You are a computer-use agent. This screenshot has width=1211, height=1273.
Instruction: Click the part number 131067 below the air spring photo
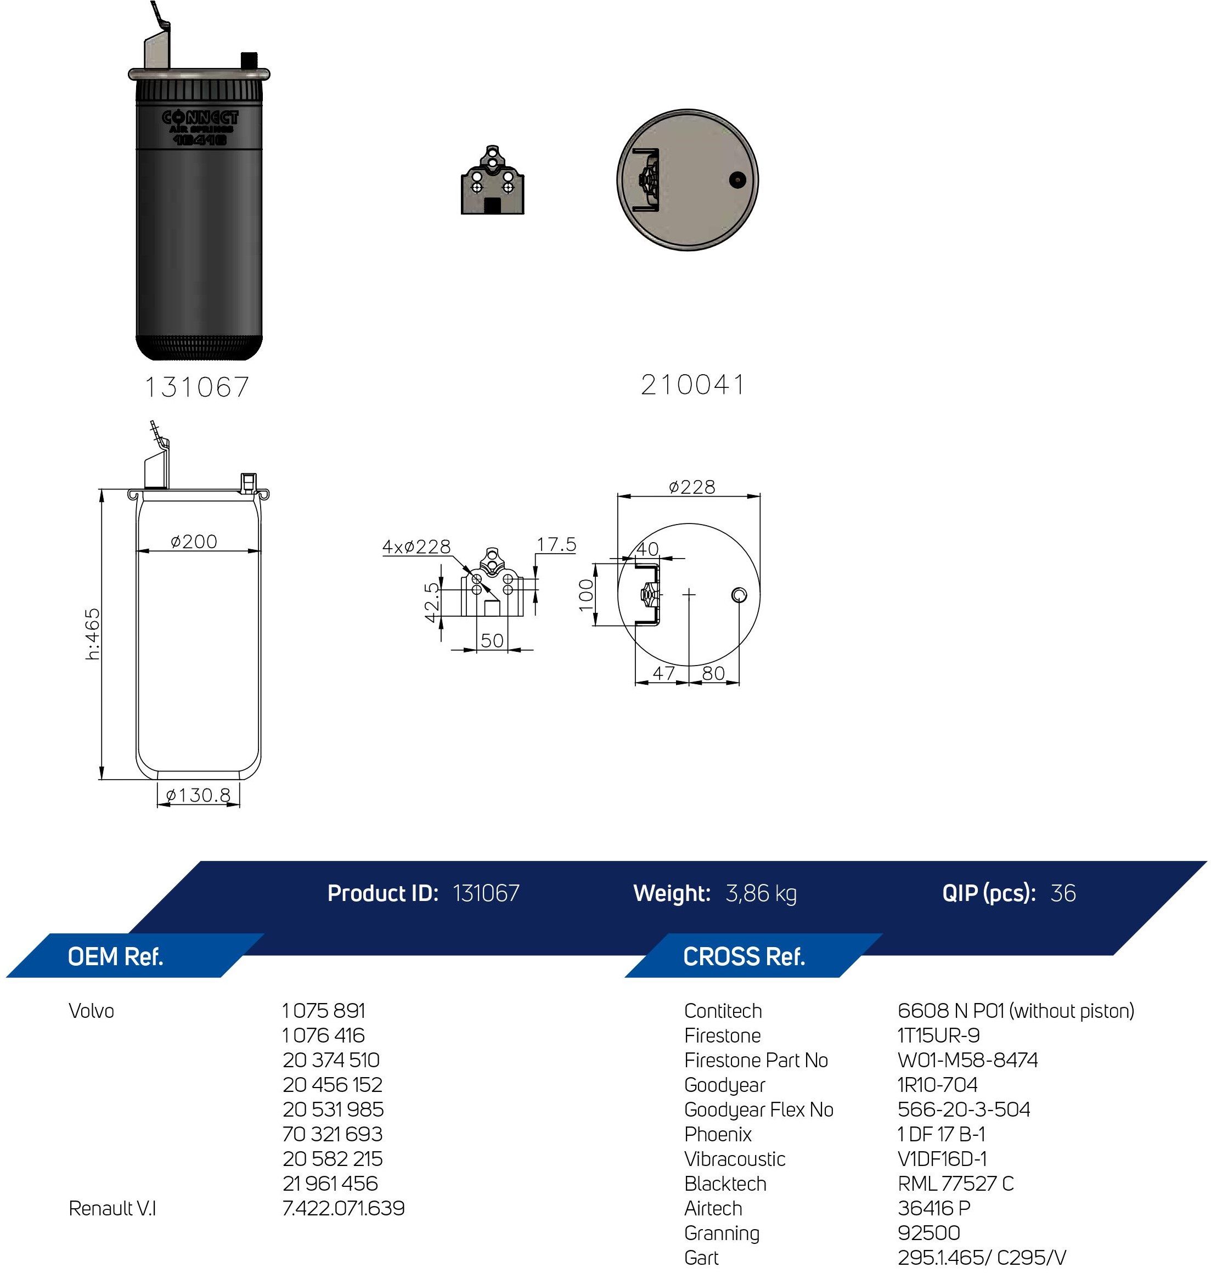[x=197, y=387]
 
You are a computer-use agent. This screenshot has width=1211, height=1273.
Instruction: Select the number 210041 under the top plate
[x=692, y=385]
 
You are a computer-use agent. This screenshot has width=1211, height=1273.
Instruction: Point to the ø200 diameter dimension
[x=194, y=541]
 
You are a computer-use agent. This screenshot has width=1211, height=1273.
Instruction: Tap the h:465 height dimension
[x=93, y=633]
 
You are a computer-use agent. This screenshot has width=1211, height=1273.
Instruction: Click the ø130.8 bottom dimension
[x=198, y=795]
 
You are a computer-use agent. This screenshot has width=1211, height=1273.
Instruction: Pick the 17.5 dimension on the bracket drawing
[x=556, y=544]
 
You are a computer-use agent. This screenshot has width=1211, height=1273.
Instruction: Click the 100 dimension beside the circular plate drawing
[x=585, y=595]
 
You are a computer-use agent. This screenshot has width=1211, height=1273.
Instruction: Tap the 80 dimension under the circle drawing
[x=713, y=673]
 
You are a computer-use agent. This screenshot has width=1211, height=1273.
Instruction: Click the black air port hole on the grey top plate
[x=737, y=180]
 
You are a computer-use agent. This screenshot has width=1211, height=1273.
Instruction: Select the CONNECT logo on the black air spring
[x=200, y=117]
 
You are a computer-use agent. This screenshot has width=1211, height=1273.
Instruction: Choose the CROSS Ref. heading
[x=744, y=957]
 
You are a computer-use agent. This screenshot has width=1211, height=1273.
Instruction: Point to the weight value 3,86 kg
[x=761, y=893]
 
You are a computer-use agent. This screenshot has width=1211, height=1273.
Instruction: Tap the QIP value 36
[x=1062, y=893]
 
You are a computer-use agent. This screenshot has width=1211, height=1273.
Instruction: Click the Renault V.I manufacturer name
[x=112, y=1208]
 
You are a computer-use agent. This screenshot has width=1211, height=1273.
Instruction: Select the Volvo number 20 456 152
[x=333, y=1085]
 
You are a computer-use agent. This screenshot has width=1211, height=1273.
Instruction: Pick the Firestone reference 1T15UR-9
[x=939, y=1035]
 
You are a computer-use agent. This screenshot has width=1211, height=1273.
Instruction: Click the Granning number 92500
[x=929, y=1233]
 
